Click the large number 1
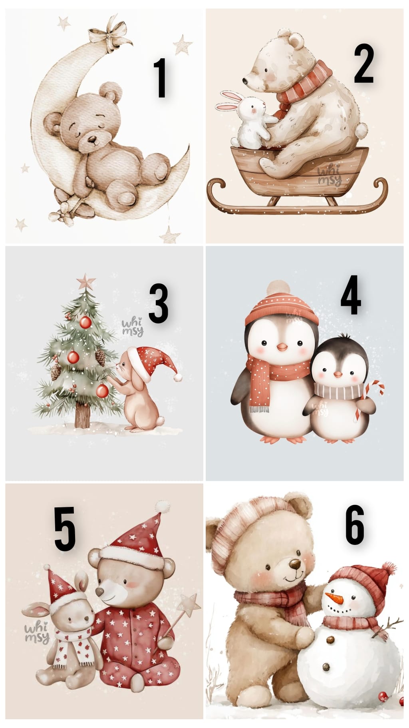click(x=161, y=78)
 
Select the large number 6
click(x=355, y=524)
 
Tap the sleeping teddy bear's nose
click(x=92, y=140)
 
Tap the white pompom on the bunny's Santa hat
click(x=178, y=377)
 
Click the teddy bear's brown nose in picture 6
click(x=295, y=564)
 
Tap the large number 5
click(x=65, y=528)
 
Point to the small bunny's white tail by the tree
click(x=160, y=421)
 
